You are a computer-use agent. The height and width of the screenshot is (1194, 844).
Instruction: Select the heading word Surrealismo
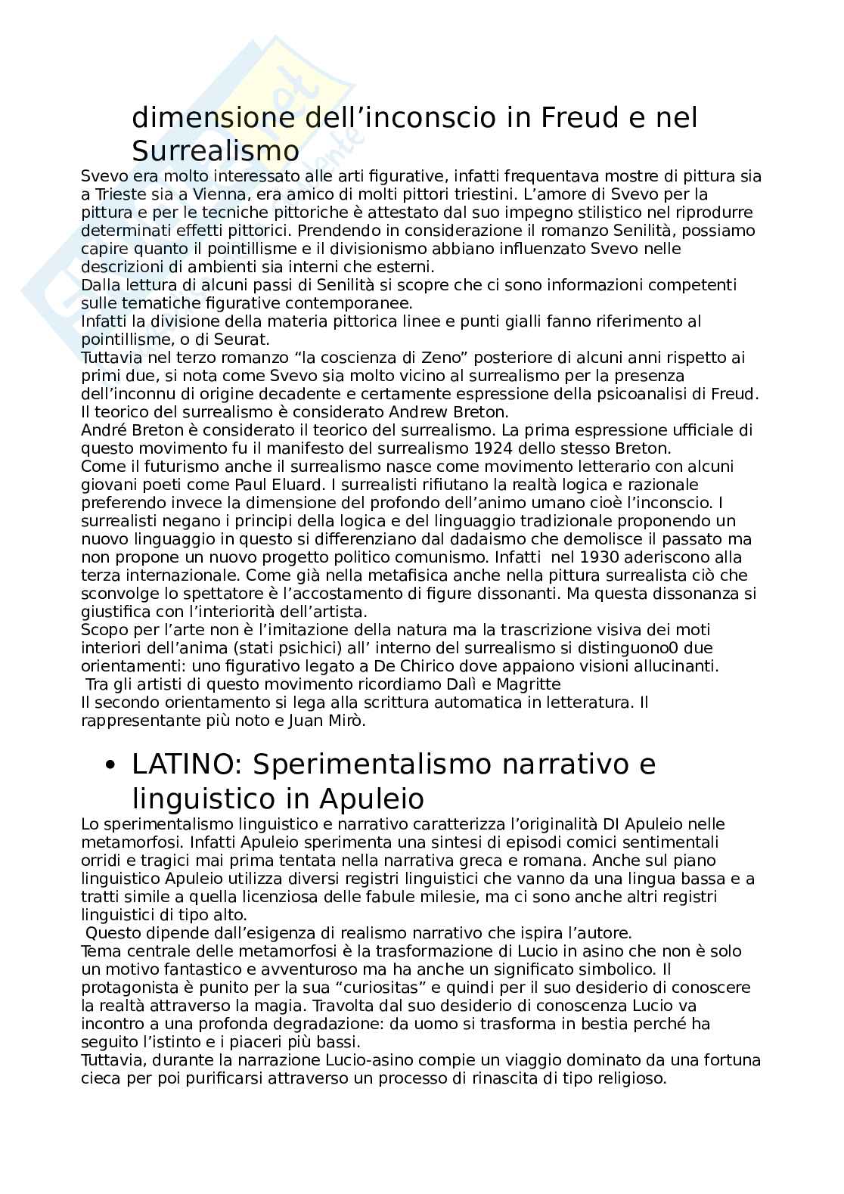point(216,151)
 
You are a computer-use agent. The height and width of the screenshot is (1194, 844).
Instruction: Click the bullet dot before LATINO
point(111,765)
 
